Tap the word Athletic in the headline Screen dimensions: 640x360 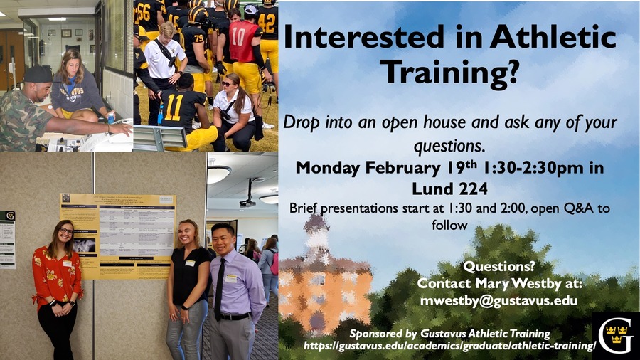coord(553,37)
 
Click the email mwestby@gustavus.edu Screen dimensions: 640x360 coord(498,301)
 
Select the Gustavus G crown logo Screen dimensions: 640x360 coord(616,336)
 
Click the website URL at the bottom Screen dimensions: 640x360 coord(450,346)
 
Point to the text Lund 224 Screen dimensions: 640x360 coord(450,189)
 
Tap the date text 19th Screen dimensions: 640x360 coord(460,167)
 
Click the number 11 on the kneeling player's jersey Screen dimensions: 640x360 coord(174,108)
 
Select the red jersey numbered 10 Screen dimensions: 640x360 coord(243,41)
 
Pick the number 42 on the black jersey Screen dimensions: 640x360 coord(267,23)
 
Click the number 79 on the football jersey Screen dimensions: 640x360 coord(199,38)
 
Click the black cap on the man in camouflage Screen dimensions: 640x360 coord(38,75)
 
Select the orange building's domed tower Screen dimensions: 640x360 coord(317,237)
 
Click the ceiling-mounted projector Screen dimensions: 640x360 coord(247,201)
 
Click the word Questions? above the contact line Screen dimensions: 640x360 coord(498,267)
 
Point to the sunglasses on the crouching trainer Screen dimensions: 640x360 coord(226,84)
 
